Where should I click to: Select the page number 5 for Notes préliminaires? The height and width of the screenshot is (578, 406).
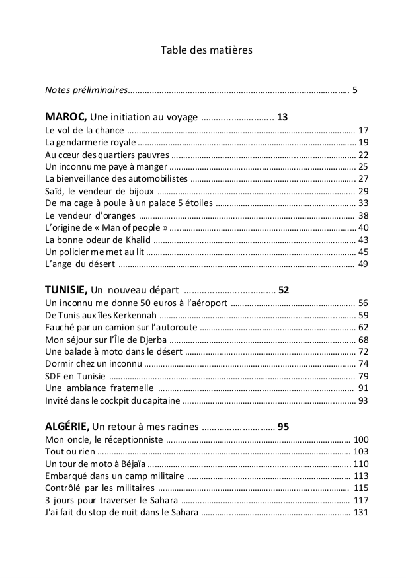(x=355, y=90)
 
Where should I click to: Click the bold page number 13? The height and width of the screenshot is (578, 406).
(x=282, y=117)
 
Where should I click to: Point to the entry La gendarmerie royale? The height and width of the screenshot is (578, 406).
(x=90, y=142)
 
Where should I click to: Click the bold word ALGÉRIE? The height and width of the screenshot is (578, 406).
(x=66, y=426)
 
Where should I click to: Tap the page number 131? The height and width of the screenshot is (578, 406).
(x=361, y=513)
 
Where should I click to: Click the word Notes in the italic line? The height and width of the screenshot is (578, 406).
(x=58, y=90)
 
